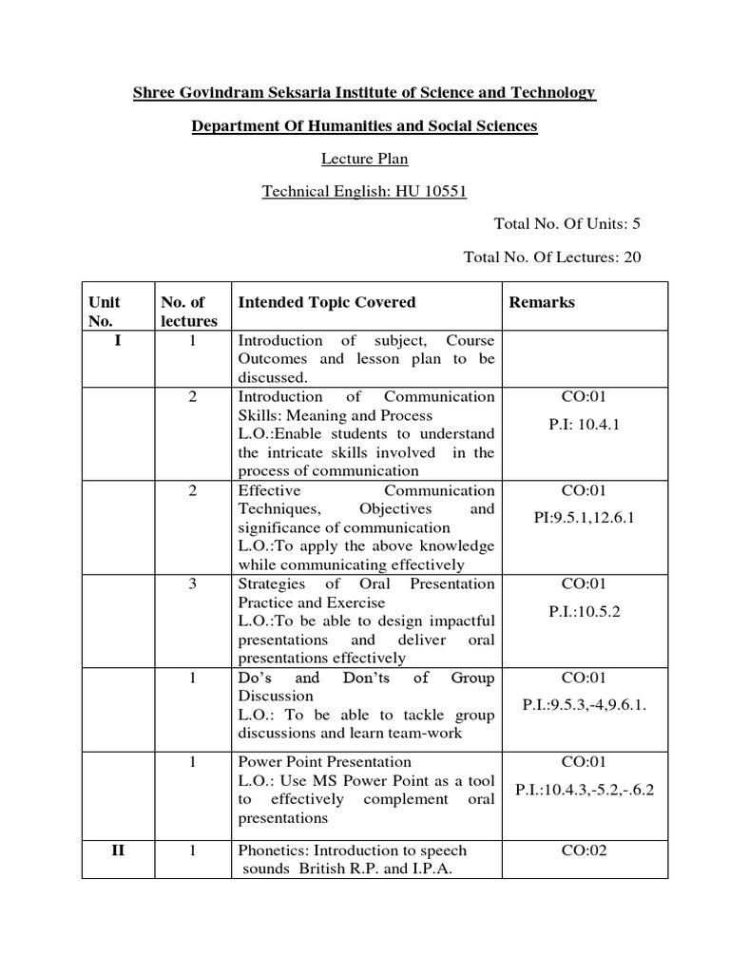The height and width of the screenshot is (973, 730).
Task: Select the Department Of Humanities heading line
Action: tap(364, 126)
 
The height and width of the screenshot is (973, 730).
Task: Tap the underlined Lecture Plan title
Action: tap(365, 160)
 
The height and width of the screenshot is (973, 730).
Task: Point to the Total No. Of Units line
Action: tap(567, 224)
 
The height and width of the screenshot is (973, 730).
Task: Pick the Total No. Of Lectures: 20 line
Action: tap(551, 257)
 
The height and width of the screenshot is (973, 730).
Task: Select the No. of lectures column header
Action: tap(188, 312)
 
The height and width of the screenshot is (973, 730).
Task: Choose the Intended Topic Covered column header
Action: tap(326, 302)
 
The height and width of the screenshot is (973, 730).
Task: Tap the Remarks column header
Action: tap(542, 302)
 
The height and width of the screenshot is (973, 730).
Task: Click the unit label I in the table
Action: tap(117, 340)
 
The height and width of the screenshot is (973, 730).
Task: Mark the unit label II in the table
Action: tap(117, 850)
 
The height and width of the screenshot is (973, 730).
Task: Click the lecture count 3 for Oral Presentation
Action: tap(192, 583)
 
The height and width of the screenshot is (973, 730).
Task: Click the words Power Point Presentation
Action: tap(324, 762)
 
